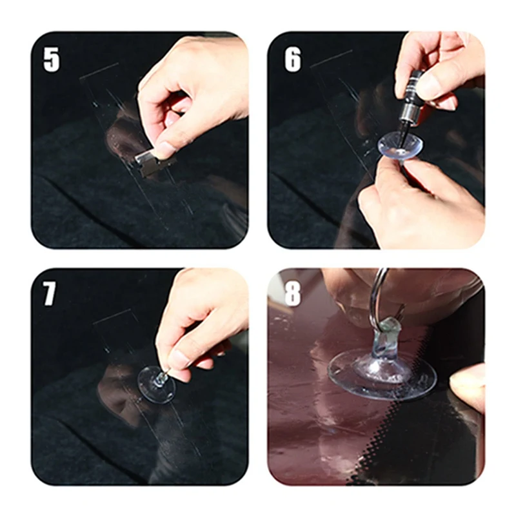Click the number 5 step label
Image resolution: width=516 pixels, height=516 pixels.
pos(52,59)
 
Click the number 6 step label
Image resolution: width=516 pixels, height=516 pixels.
pos(293,59)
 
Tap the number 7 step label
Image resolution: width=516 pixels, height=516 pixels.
pos(49,293)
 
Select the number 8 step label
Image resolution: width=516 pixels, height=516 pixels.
pos(292,293)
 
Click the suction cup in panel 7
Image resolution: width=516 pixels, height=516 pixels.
pos(156,384)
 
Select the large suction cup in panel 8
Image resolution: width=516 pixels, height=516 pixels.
pos(382,372)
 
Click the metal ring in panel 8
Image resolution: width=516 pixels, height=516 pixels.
pos(379,296)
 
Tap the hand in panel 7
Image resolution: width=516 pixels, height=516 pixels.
pos(201,322)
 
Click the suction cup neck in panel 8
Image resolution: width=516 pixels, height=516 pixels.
pos(386,342)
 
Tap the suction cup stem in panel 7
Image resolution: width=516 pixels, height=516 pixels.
pos(161,379)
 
